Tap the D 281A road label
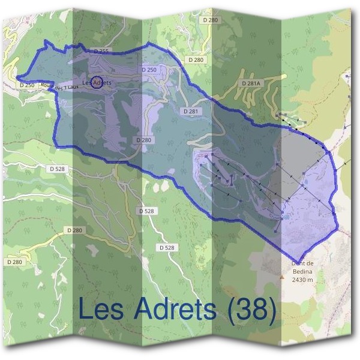(x=251, y=83)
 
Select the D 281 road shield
(x=190, y=112)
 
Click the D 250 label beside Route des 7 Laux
(x=27, y=85)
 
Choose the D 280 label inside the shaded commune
(x=143, y=140)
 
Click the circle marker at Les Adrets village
(x=96, y=83)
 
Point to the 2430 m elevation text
(x=302, y=280)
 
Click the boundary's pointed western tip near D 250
(x=16, y=77)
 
